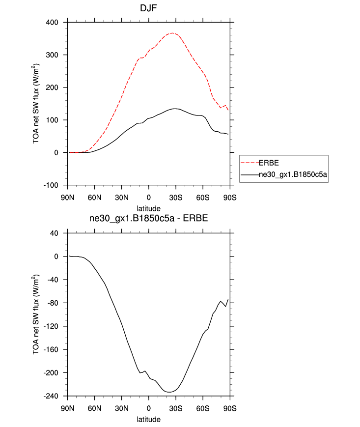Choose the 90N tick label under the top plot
coord(68,198)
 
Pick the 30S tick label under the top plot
coord(176,198)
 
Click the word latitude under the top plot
coord(149,208)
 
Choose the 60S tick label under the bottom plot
coord(203,408)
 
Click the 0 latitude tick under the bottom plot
coord(149,408)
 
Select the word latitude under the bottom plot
coord(149,420)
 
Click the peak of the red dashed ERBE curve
coord(172,33)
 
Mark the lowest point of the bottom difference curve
coord(168,392)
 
